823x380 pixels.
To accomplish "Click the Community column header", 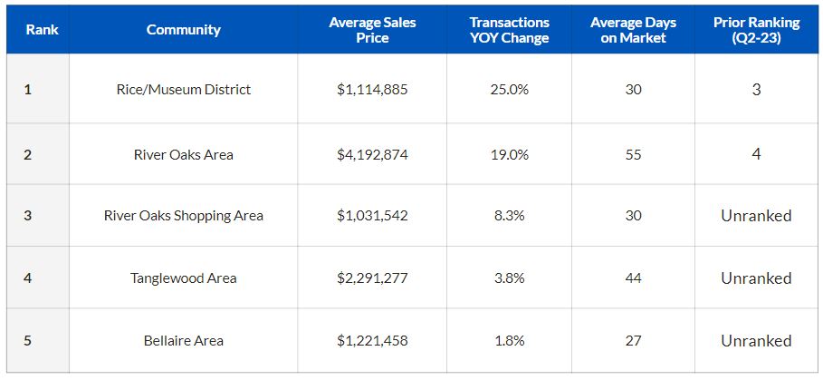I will [183, 30].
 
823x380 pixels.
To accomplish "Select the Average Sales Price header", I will [372, 30].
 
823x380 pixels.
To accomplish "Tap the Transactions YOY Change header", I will [509, 30].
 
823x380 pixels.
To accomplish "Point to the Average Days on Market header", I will [633, 30].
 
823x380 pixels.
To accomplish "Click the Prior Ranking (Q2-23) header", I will [756, 30].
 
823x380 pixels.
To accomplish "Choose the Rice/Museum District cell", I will [183, 90].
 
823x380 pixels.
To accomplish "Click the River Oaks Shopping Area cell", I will [183, 216].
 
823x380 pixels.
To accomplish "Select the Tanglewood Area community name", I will [183, 278].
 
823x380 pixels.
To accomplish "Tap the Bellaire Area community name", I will [183, 341].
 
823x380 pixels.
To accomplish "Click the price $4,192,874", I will [372, 155].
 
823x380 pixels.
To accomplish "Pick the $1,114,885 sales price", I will [372, 90].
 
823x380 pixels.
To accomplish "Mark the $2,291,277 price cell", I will [372, 278].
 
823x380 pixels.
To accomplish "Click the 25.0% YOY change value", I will [509, 90].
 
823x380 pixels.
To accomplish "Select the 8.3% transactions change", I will [509, 216].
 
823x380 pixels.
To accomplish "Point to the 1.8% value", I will [509, 341].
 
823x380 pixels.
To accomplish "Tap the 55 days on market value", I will [633, 155].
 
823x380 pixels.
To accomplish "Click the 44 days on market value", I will [633, 278].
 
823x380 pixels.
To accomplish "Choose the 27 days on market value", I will [633, 341].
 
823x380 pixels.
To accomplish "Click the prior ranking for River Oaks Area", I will [756, 154].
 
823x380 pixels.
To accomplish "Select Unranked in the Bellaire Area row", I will [756, 341].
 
